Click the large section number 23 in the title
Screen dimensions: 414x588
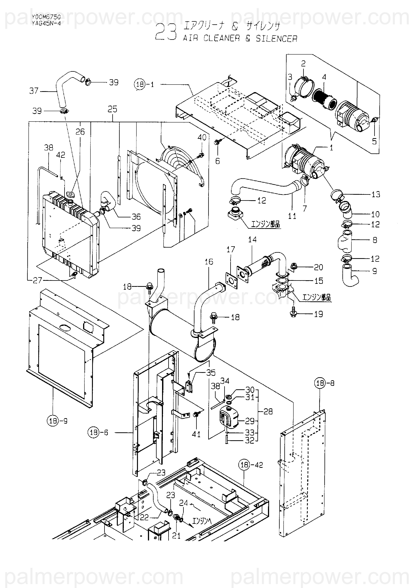[x=166, y=32]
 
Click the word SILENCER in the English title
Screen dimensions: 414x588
[x=276, y=39]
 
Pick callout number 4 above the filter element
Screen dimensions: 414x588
[x=324, y=77]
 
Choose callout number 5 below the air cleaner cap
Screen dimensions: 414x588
[x=374, y=141]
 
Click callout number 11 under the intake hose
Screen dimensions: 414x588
[x=292, y=216]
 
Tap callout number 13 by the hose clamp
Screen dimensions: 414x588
[x=376, y=194]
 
